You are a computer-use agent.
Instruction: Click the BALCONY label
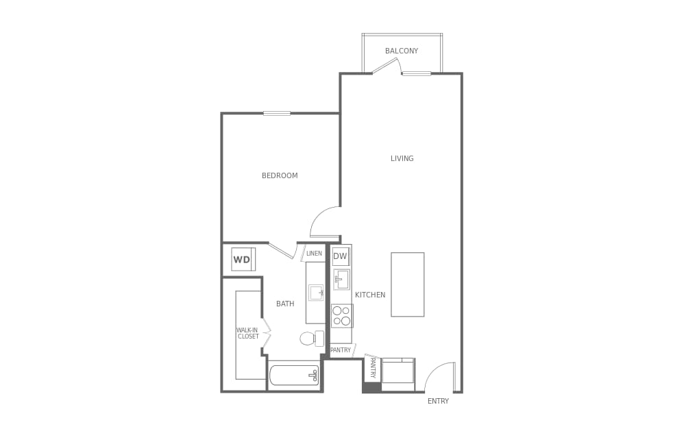pyautogui.click(x=402, y=51)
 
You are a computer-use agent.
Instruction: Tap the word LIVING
pyautogui.click(x=402, y=158)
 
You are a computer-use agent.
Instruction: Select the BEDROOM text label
pyautogui.click(x=280, y=175)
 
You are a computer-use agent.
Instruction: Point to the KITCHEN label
pyautogui.click(x=370, y=295)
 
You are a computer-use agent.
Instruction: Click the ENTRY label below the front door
pyautogui.click(x=438, y=401)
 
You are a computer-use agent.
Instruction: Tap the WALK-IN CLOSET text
pyautogui.click(x=248, y=333)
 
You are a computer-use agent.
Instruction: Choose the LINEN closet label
pyautogui.click(x=314, y=253)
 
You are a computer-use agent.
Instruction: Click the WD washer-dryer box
pyautogui.click(x=243, y=259)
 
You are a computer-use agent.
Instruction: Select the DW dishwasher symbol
pyautogui.click(x=341, y=256)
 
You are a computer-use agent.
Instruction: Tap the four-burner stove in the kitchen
pyautogui.click(x=341, y=315)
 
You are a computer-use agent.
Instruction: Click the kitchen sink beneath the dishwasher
pyautogui.click(x=341, y=280)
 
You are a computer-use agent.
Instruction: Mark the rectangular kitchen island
pyautogui.click(x=407, y=284)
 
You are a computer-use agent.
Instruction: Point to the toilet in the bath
pyautogui.click(x=310, y=338)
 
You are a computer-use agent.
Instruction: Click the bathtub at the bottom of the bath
pyautogui.click(x=294, y=375)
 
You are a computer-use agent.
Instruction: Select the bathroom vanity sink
pyautogui.click(x=316, y=293)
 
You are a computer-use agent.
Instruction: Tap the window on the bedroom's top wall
pyautogui.click(x=277, y=113)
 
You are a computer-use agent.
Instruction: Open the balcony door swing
pyautogui.click(x=387, y=66)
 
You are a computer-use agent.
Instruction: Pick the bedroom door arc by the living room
pyautogui.click(x=325, y=221)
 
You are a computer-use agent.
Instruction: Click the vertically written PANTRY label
pyautogui.click(x=373, y=367)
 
